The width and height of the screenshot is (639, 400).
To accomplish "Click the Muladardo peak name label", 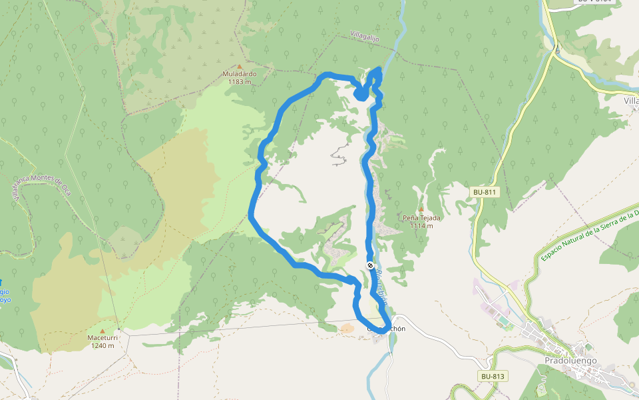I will click(240, 74).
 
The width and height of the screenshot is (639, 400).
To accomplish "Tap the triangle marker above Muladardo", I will click(240, 66).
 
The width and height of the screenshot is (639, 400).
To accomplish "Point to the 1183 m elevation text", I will click(240, 82).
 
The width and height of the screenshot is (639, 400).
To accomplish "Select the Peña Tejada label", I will click(421, 218).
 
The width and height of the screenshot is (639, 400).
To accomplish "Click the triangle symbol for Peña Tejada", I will click(421, 209).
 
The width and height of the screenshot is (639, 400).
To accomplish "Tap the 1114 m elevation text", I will click(421, 226).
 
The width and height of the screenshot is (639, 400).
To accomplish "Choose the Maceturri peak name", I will click(103, 338).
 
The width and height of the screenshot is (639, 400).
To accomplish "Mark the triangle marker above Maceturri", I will click(103, 330).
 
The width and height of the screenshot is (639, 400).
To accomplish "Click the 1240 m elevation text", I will click(103, 346).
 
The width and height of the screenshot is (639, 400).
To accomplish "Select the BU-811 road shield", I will click(485, 192).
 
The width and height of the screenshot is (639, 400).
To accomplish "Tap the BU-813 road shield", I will click(493, 377).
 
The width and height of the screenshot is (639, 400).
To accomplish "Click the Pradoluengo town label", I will click(571, 361).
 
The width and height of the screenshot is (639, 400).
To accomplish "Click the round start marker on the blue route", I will click(370, 265).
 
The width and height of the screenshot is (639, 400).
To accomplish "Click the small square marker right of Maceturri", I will click(118, 329).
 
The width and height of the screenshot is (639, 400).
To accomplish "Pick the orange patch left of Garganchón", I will click(347, 328).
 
